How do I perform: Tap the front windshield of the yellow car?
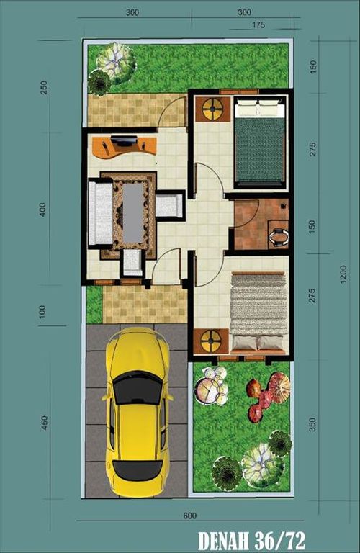pos(138,390)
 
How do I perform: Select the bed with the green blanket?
pos(260,141)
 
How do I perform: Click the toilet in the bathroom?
pos(278,234)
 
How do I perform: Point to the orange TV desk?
pos(125,145)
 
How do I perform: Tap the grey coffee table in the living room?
pos(133,212)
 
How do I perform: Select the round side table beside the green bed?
pos(212,110)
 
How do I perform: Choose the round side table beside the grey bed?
pos(211,341)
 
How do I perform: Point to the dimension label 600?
pos(189,515)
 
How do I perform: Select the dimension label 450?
pos(44,422)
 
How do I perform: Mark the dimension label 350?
pos(312,425)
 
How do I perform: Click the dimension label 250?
pos(44,87)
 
